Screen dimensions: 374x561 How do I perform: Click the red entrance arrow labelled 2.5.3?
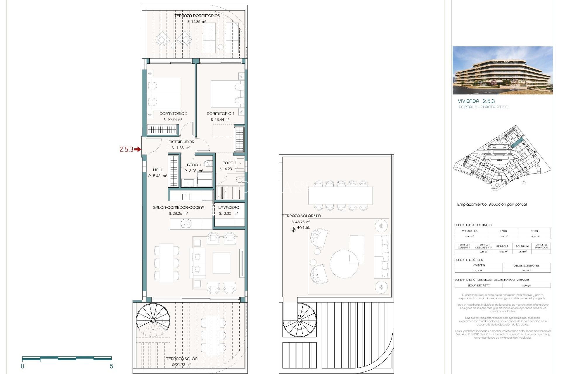(x=137, y=150)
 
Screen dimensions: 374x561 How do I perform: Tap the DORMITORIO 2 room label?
(x=173, y=113)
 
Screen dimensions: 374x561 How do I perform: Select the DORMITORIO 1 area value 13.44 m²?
(x=220, y=120)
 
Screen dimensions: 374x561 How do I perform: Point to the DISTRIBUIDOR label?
(x=181, y=142)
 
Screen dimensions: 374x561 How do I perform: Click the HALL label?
(x=158, y=170)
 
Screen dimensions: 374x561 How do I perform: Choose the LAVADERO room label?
(x=229, y=207)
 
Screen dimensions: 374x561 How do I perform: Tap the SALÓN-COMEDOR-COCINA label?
(x=179, y=207)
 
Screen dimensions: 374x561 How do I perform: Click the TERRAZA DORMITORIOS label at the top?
(x=197, y=15)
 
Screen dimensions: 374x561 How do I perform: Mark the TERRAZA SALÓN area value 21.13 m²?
(x=181, y=365)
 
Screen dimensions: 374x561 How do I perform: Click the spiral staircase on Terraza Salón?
(x=153, y=320)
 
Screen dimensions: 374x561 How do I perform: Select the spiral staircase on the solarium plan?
(x=299, y=320)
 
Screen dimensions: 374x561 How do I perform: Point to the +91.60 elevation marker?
(x=303, y=228)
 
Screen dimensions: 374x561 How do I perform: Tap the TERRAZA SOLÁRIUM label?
(x=302, y=216)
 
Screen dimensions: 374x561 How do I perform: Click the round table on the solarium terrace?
(x=344, y=264)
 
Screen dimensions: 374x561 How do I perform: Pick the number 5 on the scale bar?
(x=111, y=366)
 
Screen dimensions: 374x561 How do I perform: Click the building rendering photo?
(x=503, y=70)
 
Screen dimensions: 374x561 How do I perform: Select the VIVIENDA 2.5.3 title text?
(x=476, y=101)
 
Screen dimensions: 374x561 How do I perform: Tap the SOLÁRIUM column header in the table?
(x=522, y=246)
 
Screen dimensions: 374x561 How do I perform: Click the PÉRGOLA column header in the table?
(x=502, y=246)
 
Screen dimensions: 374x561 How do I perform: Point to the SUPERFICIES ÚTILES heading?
(x=468, y=260)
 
